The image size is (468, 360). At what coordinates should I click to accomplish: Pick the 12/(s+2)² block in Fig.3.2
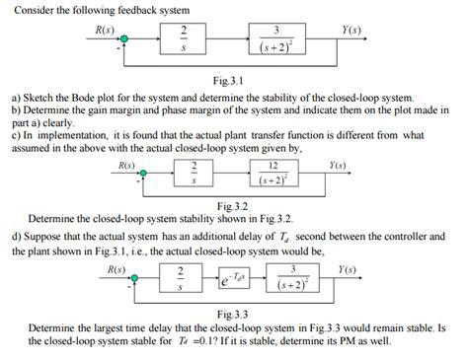coord(276,174)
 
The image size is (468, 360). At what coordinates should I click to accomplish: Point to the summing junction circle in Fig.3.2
coord(146,174)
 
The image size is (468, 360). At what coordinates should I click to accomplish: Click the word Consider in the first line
coord(31,8)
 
